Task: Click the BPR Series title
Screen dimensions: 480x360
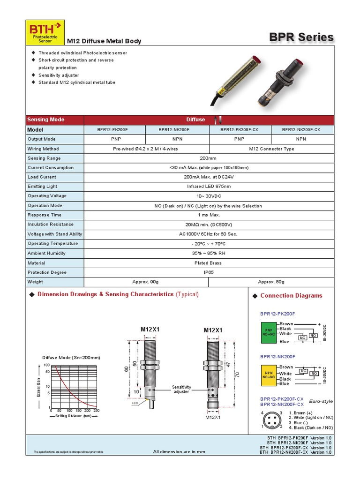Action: (x=301, y=37)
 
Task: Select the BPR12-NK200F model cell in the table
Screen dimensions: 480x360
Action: (x=177, y=129)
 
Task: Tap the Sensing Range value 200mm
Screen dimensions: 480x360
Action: (x=209, y=158)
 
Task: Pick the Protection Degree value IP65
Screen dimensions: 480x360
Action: (x=209, y=272)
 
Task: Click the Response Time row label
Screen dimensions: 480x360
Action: (x=45, y=215)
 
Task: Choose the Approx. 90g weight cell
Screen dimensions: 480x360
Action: (x=146, y=282)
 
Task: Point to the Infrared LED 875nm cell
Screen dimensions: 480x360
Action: (x=209, y=187)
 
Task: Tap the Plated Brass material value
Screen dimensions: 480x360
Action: (x=209, y=263)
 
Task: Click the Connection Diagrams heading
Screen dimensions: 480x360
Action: (x=291, y=296)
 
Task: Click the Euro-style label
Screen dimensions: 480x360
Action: (x=321, y=401)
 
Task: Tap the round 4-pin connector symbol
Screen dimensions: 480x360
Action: (x=271, y=420)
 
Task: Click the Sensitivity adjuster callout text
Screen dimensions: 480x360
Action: (x=181, y=389)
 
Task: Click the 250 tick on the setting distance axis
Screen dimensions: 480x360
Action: (x=97, y=410)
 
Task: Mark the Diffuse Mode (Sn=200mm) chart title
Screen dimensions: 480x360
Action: (x=71, y=358)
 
